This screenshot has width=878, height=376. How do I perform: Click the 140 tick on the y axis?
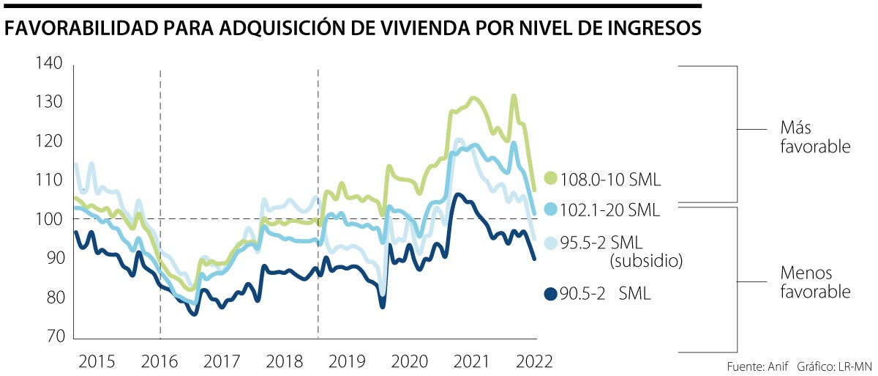click(x=49, y=64)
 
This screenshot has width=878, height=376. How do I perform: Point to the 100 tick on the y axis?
click(x=49, y=219)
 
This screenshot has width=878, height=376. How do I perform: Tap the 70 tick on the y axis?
click(x=53, y=337)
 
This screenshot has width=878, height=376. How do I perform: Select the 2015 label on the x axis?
click(x=97, y=361)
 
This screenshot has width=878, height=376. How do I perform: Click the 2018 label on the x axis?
click(x=286, y=361)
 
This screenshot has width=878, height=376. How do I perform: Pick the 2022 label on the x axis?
click(x=534, y=361)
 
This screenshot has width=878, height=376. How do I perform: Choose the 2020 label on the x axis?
click(x=410, y=361)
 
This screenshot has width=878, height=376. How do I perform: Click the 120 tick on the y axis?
click(x=49, y=141)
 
